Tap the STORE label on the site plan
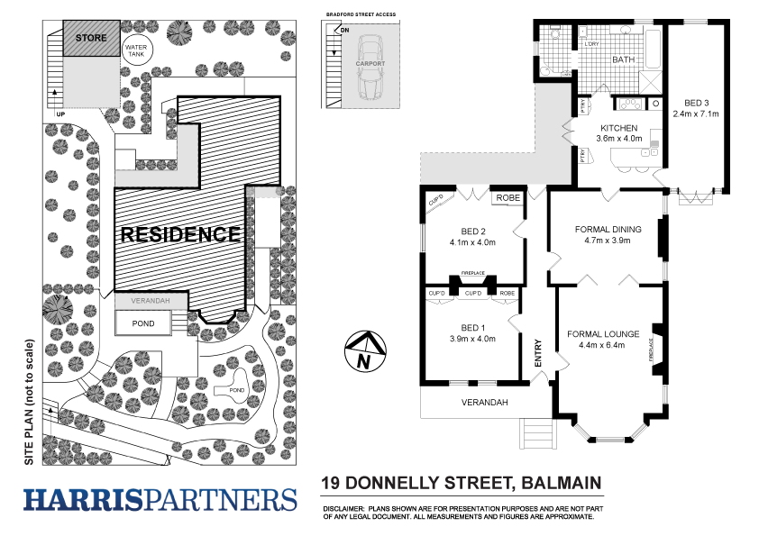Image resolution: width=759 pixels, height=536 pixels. (90, 38)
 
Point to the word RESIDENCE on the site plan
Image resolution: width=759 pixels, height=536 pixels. (180, 234)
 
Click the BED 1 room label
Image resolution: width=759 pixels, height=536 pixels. (473, 326)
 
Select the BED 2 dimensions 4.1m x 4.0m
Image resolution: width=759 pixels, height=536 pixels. (473, 242)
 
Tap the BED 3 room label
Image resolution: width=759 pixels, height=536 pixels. (695, 102)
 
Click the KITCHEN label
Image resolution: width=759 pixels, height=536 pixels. (619, 128)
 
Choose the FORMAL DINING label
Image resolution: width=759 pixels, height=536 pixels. (608, 229)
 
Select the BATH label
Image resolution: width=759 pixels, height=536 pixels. (624, 59)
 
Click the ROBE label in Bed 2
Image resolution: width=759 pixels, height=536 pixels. (502, 196)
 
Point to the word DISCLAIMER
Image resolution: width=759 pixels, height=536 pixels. (343, 509)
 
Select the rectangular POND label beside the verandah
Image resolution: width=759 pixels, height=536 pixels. (143, 323)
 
